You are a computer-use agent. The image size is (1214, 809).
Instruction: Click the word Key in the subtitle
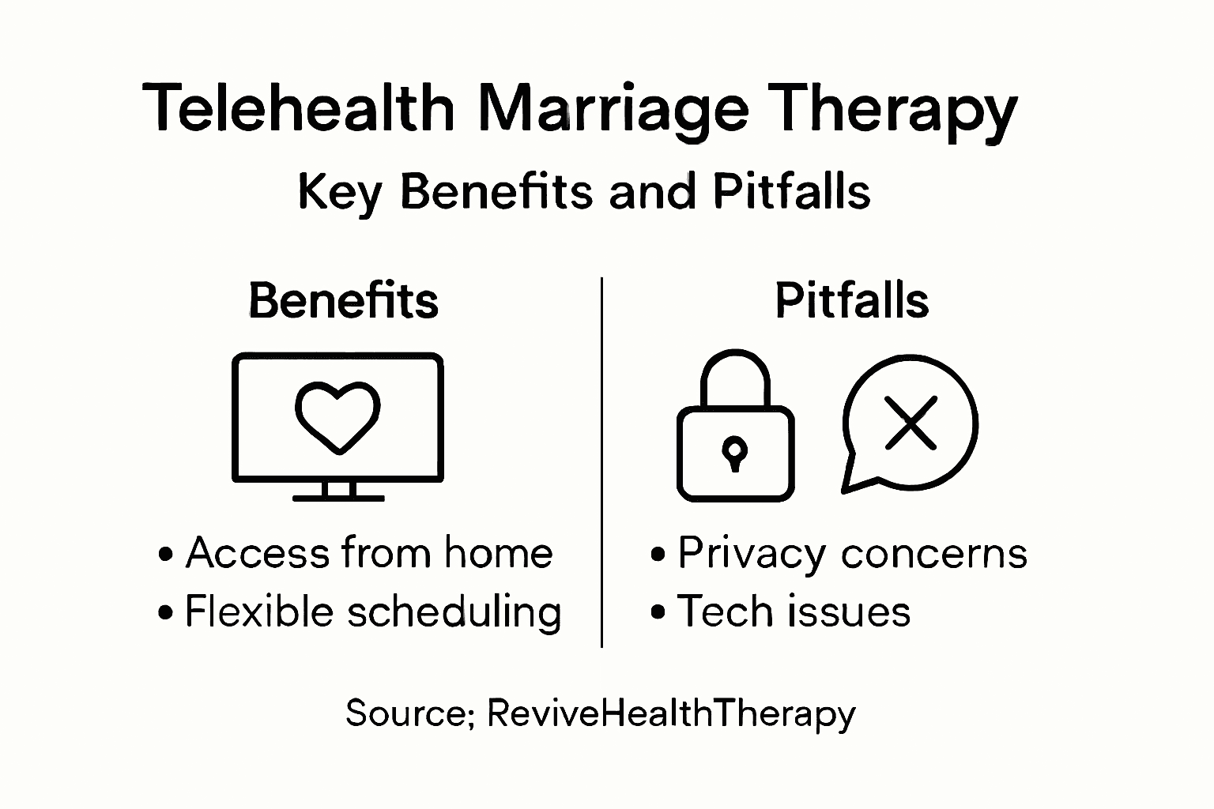click(x=339, y=192)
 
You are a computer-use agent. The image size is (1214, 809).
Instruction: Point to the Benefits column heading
click(x=343, y=300)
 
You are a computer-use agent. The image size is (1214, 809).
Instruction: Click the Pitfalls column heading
click(x=851, y=300)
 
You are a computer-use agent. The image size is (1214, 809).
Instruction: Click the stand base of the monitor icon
click(x=338, y=498)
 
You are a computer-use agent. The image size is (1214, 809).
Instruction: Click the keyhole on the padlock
click(x=735, y=452)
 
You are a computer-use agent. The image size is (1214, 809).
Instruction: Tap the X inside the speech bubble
click(x=910, y=423)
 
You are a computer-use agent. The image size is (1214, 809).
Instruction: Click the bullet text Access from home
click(x=368, y=552)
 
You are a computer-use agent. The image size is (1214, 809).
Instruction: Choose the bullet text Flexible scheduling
click(x=372, y=612)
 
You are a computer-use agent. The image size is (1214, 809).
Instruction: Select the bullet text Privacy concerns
click(x=852, y=553)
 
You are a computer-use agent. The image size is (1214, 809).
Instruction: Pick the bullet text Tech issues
click(x=794, y=611)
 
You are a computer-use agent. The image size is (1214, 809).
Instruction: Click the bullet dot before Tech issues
click(x=658, y=612)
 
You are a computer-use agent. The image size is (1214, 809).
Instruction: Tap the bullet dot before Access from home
click(x=165, y=553)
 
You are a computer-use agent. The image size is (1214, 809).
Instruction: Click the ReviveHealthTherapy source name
click(x=671, y=713)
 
